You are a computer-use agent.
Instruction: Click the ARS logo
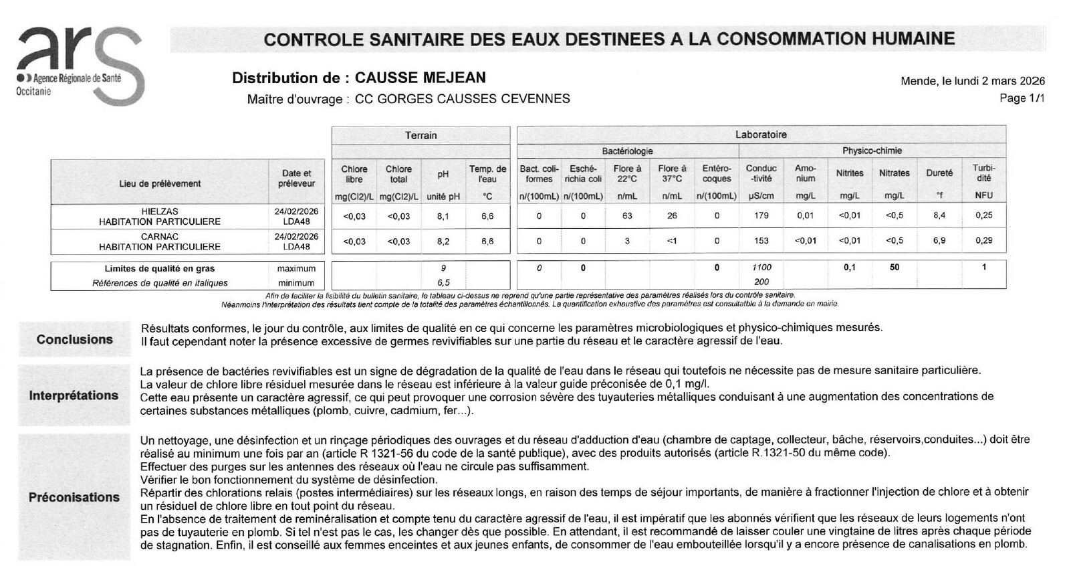tap(79, 66)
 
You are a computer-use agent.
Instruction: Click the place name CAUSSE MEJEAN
tap(420, 78)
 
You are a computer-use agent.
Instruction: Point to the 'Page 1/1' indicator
tap(1022, 98)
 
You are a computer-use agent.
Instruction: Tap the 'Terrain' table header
tap(421, 135)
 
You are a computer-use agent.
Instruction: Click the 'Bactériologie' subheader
tap(627, 151)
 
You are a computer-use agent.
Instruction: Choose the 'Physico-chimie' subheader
tap(872, 151)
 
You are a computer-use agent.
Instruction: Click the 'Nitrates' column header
tap(894, 173)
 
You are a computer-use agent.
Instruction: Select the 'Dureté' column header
tap(939, 173)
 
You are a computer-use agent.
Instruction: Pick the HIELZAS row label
tap(160, 211)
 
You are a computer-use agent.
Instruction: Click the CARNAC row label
tap(160, 237)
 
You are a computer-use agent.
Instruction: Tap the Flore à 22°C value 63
tap(627, 216)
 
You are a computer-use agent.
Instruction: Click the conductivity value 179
tap(761, 216)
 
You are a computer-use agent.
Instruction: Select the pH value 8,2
tap(443, 242)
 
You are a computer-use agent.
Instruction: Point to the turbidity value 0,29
tap(983, 241)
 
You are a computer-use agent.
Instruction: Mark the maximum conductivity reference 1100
tap(761, 268)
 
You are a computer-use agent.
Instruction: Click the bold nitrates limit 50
tap(894, 268)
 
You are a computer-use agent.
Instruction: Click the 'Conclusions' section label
tap(75, 340)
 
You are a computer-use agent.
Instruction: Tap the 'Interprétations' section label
tap(74, 395)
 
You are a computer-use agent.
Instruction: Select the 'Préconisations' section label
tap(74, 497)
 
